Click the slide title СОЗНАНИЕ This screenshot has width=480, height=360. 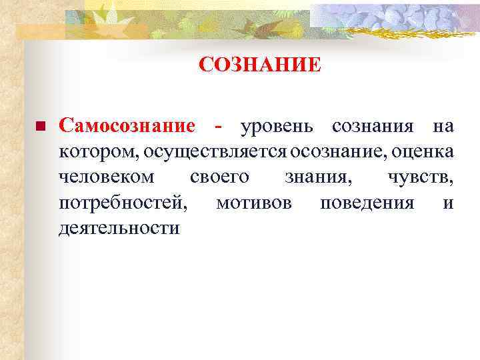click(260, 65)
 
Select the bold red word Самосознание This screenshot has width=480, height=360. click(127, 126)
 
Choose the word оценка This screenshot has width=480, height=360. click(423, 152)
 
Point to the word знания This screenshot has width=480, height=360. click(317, 177)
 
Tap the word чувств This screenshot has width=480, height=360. click(420, 177)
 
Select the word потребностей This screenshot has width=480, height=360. click(123, 203)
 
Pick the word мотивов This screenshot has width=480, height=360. click(254, 203)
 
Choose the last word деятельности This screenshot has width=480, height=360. click(119, 228)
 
